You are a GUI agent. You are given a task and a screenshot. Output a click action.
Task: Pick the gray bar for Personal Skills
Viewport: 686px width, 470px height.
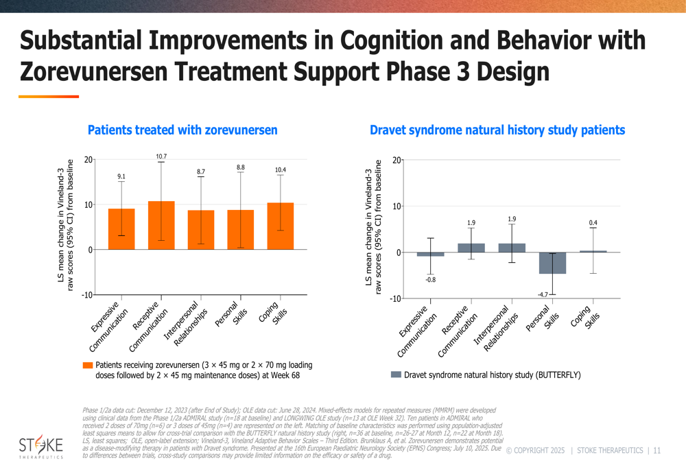pos(552,263)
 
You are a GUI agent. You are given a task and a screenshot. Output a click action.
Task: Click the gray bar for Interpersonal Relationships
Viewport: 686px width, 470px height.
pos(512,248)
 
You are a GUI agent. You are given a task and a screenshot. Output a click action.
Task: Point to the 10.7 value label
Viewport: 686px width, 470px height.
pos(161,157)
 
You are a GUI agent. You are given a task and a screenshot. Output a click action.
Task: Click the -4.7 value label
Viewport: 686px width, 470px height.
pos(543,295)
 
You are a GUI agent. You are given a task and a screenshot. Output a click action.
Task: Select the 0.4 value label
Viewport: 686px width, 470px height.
pos(593,223)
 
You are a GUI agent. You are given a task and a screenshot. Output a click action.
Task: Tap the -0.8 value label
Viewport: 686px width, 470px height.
pos(430,279)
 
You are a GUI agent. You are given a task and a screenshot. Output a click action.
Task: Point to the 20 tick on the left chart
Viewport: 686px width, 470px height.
pos(88,160)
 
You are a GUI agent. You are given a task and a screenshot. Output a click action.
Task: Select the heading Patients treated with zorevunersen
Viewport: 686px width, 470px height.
pos(182,130)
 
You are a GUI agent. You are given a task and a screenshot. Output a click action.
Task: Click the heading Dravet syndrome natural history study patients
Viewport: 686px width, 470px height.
pos(497,130)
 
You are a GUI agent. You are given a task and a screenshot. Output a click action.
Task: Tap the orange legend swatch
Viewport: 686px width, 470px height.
pos(87,366)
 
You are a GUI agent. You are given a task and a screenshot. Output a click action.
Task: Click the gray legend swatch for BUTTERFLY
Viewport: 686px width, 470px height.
pos(395,375)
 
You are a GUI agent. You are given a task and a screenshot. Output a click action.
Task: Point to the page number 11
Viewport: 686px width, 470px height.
pos(657,451)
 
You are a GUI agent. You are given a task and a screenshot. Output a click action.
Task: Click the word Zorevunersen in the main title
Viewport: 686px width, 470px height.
pos(104,71)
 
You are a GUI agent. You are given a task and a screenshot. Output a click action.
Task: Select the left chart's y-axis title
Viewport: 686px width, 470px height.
pos(65,225)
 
